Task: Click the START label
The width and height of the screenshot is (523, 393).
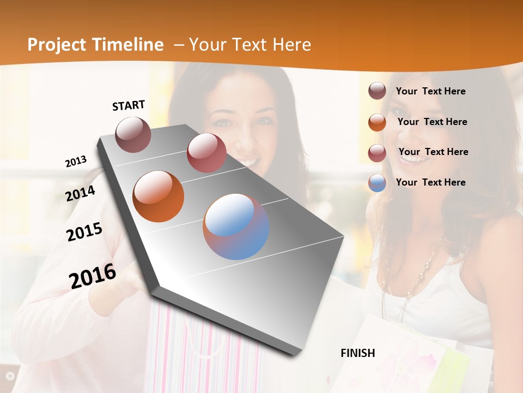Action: [129, 105]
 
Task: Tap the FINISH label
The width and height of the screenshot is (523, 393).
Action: [358, 353]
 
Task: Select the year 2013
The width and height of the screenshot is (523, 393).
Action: [76, 161]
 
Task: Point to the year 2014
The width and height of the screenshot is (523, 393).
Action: [81, 193]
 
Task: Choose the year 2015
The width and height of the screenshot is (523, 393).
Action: [84, 232]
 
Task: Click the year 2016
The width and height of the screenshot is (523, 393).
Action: [93, 276]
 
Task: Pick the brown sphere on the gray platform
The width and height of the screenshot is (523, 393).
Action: [133, 134]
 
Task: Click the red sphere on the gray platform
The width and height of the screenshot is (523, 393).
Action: [206, 152]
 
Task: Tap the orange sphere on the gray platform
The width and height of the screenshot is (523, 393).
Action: [158, 196]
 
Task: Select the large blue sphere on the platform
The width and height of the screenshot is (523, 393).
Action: [236, 227]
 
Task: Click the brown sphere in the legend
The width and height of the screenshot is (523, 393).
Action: [377, 91]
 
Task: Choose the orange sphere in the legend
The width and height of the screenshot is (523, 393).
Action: [377, 122]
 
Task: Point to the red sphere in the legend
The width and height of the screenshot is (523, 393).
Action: [377, 152]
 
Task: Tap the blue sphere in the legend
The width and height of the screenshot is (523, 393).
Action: [377, 183]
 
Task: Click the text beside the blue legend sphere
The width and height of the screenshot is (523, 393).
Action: [430, 182]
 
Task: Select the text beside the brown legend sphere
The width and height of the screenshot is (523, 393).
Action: [430, 91]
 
